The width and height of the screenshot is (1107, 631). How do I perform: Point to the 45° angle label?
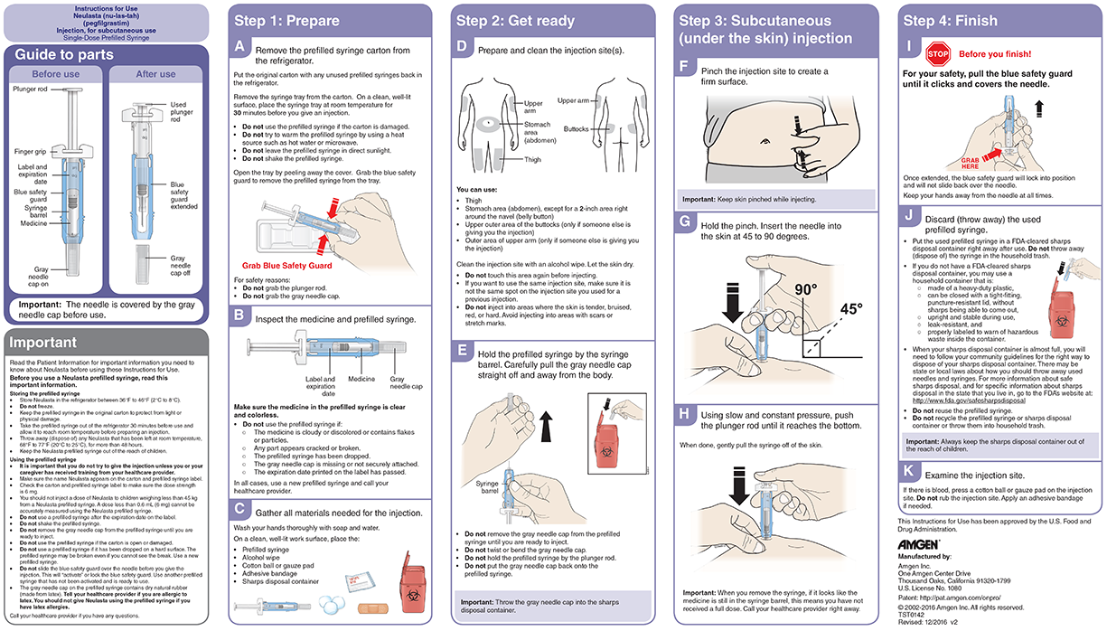click(x=853, y=308)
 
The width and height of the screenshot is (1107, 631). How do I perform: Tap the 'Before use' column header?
click(x=55, y=74)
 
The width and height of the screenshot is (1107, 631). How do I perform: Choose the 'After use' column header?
click(x=155, y=74)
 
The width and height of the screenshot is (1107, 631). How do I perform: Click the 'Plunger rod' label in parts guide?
click(x=32, y=89)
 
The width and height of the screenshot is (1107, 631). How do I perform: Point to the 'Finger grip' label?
click(x=31, y=151)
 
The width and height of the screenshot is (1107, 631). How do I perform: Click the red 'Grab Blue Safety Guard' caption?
click(x=286, y=266)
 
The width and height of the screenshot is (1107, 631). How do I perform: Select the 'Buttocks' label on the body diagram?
click(x=577, y=129)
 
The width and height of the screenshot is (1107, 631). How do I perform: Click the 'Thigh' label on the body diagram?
click(x=533, y=160)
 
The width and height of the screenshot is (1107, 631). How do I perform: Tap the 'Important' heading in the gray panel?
click(x=43, y=343)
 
